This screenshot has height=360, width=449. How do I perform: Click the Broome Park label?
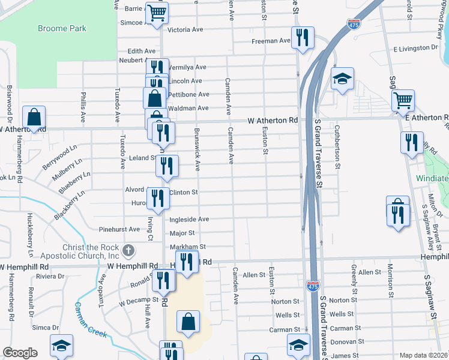[62, 28]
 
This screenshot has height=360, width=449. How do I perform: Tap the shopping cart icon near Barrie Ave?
[157, 12]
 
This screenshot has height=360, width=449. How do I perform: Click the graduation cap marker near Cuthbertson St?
[342, 78]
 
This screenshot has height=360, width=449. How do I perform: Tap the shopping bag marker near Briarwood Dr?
[34, 116]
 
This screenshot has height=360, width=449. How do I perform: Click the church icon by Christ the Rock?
[127, 250]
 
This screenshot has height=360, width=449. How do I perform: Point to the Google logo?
[20, 352]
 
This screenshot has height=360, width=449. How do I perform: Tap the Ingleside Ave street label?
[188, 220]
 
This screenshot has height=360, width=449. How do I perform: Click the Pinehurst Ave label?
[119, 229]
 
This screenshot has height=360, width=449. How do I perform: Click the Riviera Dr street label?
[50, 276]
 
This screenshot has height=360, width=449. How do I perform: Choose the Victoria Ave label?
[185, 29]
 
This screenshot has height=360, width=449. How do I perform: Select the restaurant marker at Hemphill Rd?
[187, 261]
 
